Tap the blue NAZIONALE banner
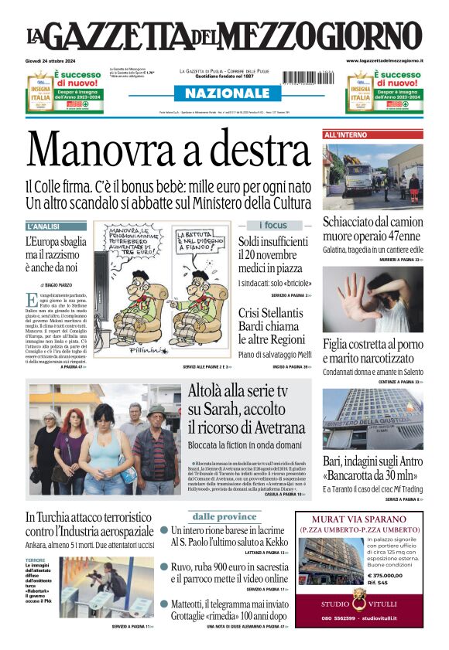(x=223, y=94)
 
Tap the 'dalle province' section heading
(x=224, y=516)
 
